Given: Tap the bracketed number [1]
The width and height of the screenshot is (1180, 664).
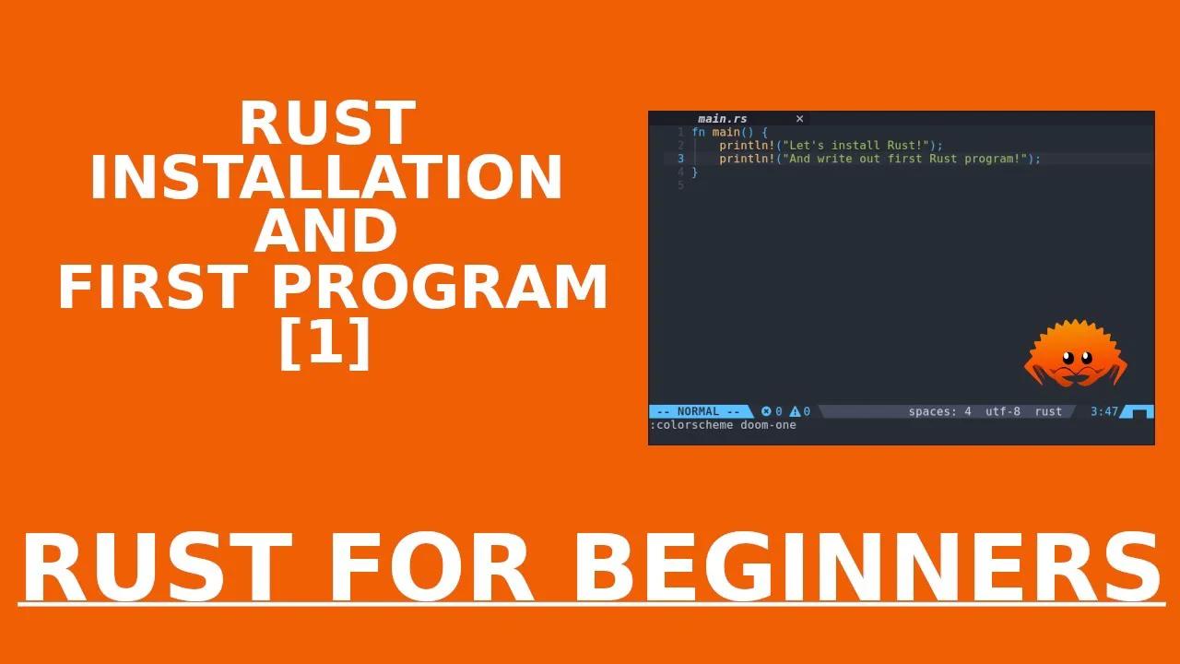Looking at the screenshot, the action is [325, 343].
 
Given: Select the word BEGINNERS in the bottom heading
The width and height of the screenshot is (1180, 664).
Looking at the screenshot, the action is [867, 567].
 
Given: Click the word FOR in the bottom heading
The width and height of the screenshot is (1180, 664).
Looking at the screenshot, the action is [431, 567].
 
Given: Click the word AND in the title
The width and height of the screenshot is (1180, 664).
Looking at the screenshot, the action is [325, 231].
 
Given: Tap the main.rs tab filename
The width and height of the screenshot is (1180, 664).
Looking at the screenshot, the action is [722, 119].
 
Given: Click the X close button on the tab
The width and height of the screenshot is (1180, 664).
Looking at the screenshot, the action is [799, 119].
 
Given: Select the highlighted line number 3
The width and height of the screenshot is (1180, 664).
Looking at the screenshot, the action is [680, 159].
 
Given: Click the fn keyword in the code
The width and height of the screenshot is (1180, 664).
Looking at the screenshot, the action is [698, 132].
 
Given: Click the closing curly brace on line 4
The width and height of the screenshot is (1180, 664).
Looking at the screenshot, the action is [695, 172].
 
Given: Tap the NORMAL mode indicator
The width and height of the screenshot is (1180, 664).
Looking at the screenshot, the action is [699, 411].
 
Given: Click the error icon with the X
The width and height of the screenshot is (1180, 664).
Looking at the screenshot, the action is [766, 411].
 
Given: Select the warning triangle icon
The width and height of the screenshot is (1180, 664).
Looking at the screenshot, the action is [795, 411].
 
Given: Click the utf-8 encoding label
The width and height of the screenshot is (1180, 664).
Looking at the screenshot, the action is [1002, 411].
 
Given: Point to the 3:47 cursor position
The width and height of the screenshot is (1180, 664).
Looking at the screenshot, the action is [1103, 411].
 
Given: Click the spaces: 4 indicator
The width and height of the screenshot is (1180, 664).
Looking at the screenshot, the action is [939, 411].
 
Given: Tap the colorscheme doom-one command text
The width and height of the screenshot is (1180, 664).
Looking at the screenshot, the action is [723, 425].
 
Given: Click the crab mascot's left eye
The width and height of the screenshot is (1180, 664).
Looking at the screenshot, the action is [1068, 358].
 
